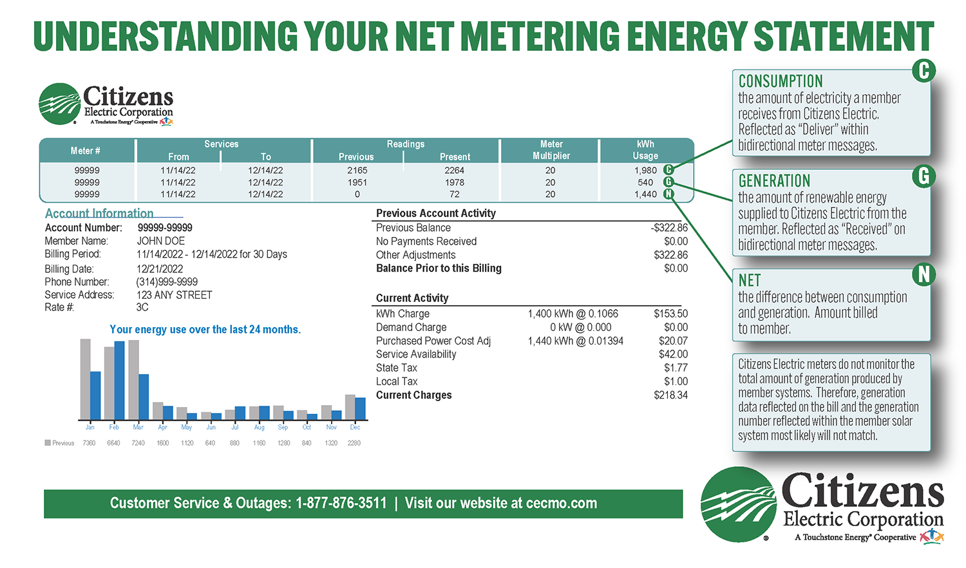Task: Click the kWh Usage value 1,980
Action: [645, 171]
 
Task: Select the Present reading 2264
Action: [454, 171]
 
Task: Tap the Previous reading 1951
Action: [357, 182]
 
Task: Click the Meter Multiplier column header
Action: [551, 150]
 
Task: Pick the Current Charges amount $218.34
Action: [670, 395]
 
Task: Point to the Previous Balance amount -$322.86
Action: [669, 228]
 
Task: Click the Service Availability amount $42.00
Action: [673, 354]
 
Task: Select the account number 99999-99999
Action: [165, 228]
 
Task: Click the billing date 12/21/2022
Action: [160, 269]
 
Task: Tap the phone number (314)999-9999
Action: [167, 282]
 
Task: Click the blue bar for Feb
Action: [119, 381]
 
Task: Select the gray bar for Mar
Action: [133, 380]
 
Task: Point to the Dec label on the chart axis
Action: [355, 428]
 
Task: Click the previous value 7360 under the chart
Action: [89, 443]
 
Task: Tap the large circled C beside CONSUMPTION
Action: [923, 71]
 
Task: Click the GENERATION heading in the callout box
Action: [774, 181]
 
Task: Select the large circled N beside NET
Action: [923, 275]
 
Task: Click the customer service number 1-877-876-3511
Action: [341, 504]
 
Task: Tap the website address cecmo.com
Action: [562, 504]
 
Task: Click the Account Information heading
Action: [99, 213]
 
